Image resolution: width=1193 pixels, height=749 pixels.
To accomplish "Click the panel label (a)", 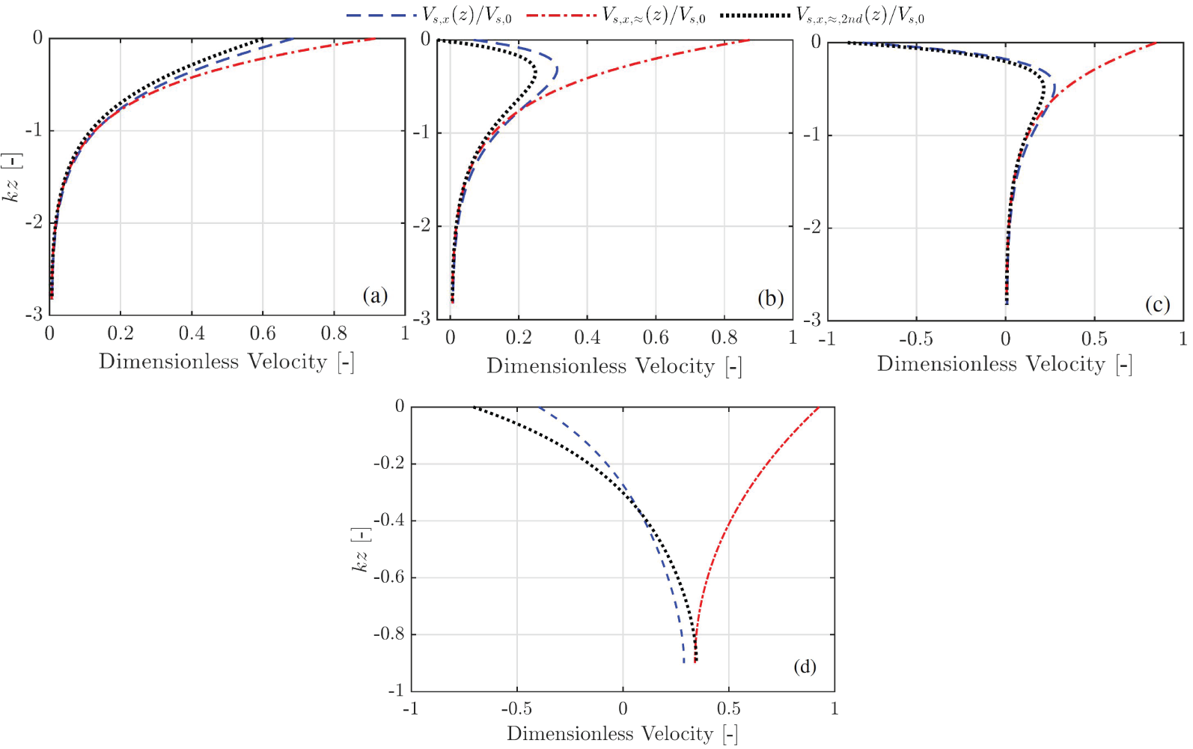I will pyautogui.click(x=375, y=295).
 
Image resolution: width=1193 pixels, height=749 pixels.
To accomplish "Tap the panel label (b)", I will pyautogui.click(x=770, y=298).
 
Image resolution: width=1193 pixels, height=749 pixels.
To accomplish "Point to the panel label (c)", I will pyautogui.click(x=1157, y=304).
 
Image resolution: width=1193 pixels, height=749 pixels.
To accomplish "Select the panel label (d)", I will pyautogui.click(x=805, y=666).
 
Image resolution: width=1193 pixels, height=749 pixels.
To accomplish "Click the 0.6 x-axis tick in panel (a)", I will pyautogui.click(x=263, y=333).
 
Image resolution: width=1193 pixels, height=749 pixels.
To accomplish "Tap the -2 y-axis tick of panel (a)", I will pyautogui.click(x=34, y=222).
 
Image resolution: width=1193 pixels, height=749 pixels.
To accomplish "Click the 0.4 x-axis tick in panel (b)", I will pyautogui.click(x=587, y=338).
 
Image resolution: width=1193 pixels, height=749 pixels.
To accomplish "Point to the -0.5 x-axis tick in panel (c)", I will pyautogui.click(x=915, y=339).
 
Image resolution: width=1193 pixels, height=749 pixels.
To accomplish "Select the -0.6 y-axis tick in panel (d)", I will pyautogui.click(x=388, y=577).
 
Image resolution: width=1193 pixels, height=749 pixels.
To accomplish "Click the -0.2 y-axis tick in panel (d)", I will pyautogui.click(x=388, y=463).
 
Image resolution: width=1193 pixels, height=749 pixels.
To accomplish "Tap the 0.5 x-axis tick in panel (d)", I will pyautogui.click(x=728, y=709).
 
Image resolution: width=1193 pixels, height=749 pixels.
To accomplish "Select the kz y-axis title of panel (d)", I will pyautogui.click(x=361, y=551).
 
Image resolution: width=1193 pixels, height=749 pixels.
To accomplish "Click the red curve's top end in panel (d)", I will pyautogui.click(x=820, y=407).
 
